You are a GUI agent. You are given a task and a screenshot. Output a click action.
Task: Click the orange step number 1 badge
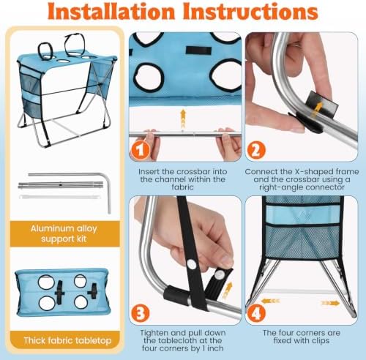click(x=141, y=150)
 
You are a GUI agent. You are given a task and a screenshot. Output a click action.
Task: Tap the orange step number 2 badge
click(x=255, y=150)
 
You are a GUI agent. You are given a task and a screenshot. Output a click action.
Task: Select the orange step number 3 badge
click(x=141, y=313)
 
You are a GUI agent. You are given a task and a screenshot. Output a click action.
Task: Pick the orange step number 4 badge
click(x=255, y=313)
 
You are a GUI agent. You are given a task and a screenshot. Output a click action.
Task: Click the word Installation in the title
click(x=111, y=12)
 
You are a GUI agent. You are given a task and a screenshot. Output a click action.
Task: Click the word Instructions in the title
click(x=250, y=12)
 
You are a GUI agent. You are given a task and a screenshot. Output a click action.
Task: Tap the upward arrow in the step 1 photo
click(x=183, y=119)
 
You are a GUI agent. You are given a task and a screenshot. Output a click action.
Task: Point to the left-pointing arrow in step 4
click(x=270, y=301)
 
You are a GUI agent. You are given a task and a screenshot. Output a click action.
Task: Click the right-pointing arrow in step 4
click(x=331, y=303)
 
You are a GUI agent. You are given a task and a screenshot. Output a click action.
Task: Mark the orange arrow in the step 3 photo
click(x=228, y=290)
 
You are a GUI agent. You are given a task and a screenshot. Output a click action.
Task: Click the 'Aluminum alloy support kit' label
click(x=64, y=233)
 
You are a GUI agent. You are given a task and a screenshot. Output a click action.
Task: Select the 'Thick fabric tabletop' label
click(x=67, y=340)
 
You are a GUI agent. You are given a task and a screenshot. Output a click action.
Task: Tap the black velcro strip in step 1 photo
click(x=198, y=50)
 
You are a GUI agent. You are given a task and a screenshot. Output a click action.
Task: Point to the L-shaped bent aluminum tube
click(x=108, y=185)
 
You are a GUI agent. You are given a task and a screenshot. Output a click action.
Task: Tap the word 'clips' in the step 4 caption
click(x=320, y=341)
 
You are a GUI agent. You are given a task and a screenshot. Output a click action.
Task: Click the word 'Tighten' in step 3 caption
click(x=155, y=333)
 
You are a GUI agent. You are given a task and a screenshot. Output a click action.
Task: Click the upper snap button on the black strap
click(x=192, y=264)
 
